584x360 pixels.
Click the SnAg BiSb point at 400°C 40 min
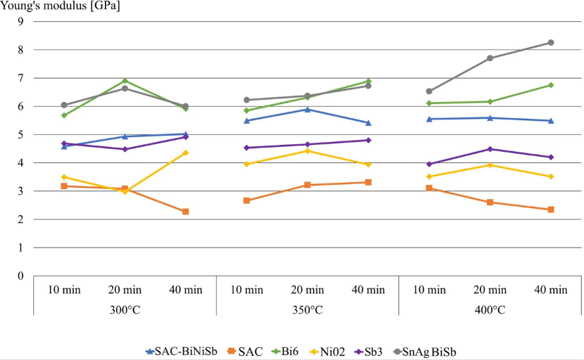coord(551,42)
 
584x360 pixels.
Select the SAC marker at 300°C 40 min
coord(186,212)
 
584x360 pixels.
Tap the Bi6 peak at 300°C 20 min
coord(125,81)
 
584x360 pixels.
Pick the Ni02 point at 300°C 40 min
coord(186,153)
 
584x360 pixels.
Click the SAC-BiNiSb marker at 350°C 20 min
coord(307,109)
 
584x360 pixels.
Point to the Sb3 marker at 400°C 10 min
coord(429,164)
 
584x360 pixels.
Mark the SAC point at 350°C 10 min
coord(246,200)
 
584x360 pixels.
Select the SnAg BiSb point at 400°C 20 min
coord(490,58)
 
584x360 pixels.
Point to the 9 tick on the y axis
coord(20,21)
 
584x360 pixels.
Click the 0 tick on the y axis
coord(20,276)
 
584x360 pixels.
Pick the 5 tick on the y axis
coord(20,134)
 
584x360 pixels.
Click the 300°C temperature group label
coord(125,309)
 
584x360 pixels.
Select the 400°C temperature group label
coord(490,309)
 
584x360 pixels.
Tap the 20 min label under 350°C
coord(307,290)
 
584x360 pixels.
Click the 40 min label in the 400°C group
coord(551,290)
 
